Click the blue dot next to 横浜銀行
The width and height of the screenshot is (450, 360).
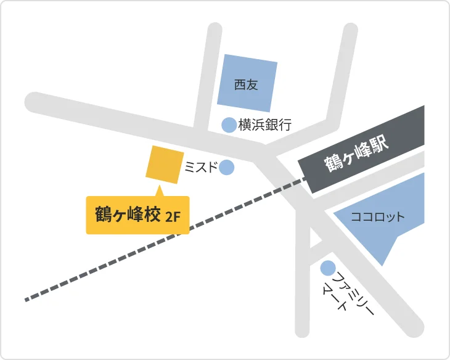click(x=229, y=125)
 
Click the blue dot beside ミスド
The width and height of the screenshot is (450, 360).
click(x=226, y=167)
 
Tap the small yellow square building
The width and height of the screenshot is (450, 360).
click(x=165, y=165)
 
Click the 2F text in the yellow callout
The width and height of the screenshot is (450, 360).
click(x=173, y=216)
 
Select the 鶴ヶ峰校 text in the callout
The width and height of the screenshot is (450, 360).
click(x=128, y=215)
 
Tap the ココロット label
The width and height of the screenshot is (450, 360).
click(x=377, y=217)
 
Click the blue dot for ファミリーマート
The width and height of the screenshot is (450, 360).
click(x=327, y=268)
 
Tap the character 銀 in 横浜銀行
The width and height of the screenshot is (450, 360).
click(x=271, y=125)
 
